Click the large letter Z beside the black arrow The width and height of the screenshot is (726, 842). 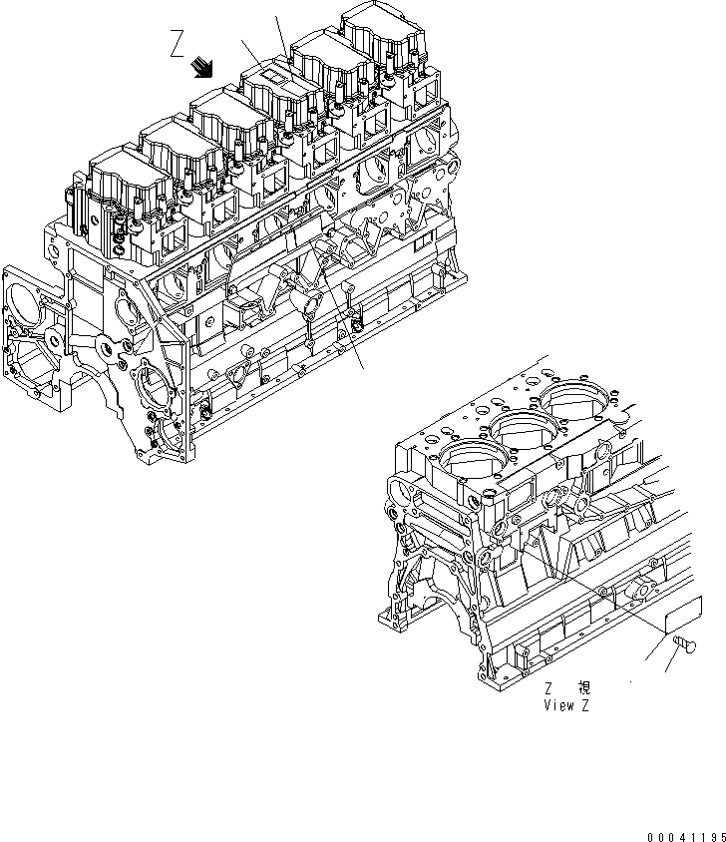tap(177, 45)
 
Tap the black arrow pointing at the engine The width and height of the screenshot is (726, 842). tap(204, 66)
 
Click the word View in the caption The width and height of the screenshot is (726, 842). tap(558, 704)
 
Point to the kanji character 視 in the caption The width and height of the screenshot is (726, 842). tap(584, 688)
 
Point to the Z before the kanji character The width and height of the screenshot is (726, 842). tap(548, 688)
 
